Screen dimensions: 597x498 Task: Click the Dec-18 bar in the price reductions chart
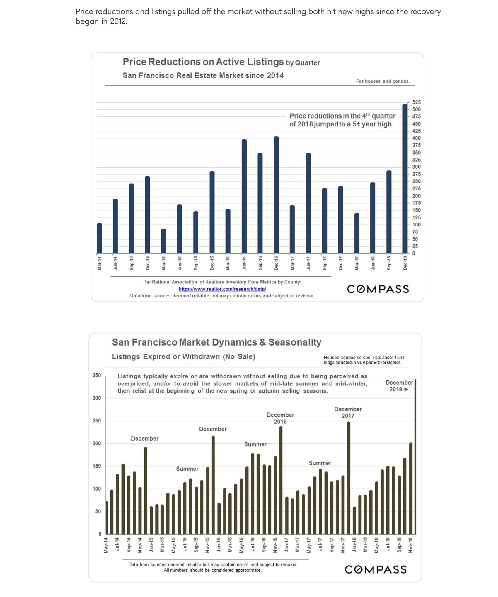405,179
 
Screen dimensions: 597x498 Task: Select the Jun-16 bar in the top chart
244,197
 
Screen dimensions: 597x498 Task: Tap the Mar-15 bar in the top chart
163,241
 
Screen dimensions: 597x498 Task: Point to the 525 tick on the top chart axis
416,102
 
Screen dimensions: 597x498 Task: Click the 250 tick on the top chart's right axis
416,181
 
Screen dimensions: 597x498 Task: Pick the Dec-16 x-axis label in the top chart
276,263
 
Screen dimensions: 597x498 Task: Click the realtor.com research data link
222,289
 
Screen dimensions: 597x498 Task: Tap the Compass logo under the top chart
378,289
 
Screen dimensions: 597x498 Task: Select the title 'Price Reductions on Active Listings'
203,62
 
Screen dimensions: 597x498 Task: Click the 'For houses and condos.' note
383,81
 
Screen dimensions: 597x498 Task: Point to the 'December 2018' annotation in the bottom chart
399,386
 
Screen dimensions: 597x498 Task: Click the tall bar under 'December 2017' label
349,478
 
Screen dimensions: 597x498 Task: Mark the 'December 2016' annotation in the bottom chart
280,418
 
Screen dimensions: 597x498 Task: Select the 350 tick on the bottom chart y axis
97,376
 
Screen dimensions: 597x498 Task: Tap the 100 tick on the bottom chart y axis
97,489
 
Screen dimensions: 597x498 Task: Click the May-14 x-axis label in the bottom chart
106,545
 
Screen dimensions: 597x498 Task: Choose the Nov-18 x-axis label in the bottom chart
410,545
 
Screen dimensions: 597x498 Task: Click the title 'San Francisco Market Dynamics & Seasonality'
216,342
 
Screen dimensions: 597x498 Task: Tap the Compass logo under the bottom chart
376,570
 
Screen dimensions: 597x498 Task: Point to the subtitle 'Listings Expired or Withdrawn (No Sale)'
183,357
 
